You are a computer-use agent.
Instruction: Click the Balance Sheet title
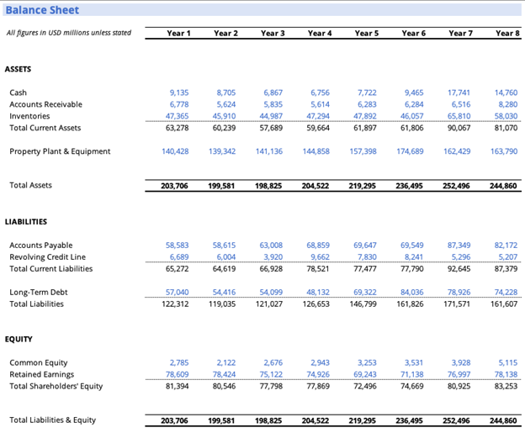point(42,10)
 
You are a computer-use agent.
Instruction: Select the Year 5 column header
point(366,33)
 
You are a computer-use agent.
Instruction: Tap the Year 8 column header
point(507,33)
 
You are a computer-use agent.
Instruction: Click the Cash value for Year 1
point(178,92)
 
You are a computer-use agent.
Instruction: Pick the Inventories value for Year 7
point(459,116)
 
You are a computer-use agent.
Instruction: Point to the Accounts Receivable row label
point(45,104)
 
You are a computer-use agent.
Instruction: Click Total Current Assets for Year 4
point(318,128)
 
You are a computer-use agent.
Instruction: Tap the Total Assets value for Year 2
point(225,185)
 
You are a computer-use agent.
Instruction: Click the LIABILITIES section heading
point(26,222)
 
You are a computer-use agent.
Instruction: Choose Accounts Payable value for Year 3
point(271,246)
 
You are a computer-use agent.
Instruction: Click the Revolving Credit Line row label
point(47,257)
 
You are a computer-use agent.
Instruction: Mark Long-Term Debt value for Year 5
point(365,292)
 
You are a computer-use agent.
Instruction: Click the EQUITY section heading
point(19,340)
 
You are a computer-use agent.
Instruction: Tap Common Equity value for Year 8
point(507,362)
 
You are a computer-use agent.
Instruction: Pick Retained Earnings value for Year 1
point(178,374)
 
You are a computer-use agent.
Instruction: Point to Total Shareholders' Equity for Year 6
point(412,386)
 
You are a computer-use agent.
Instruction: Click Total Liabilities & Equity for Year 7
point(459,420)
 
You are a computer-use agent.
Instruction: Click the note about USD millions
point(69,34)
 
